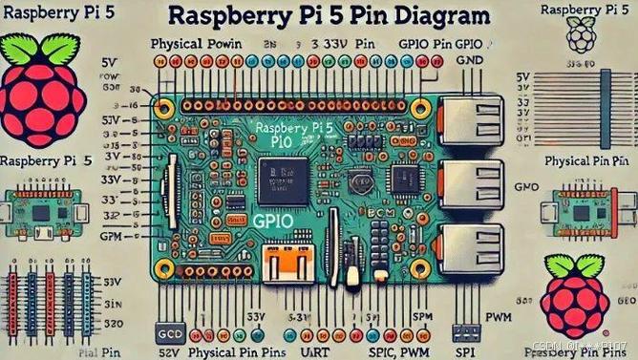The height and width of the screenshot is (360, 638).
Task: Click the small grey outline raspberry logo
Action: click(x=581, y=35)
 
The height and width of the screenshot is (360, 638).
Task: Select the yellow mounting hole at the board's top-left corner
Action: click(x=165, y=103)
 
